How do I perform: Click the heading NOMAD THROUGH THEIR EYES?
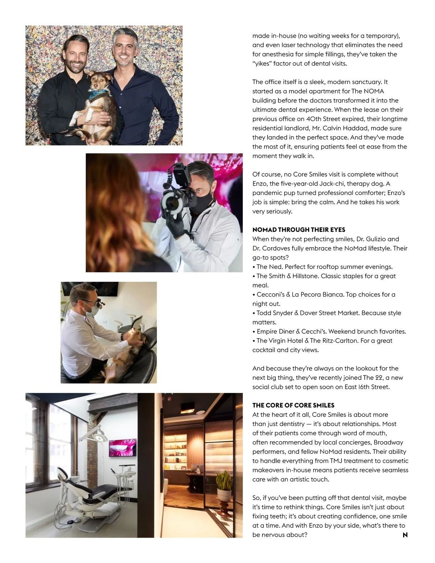tap(299, 230)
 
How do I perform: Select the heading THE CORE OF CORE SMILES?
tap(293, 405)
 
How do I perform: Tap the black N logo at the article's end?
tap(405, 535)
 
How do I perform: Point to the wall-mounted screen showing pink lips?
tap(123, 447)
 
